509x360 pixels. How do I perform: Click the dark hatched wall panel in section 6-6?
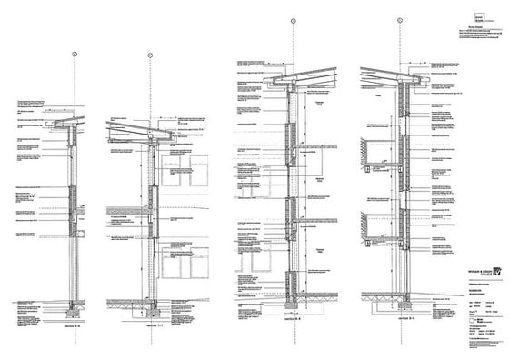click(x=75, y=201)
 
